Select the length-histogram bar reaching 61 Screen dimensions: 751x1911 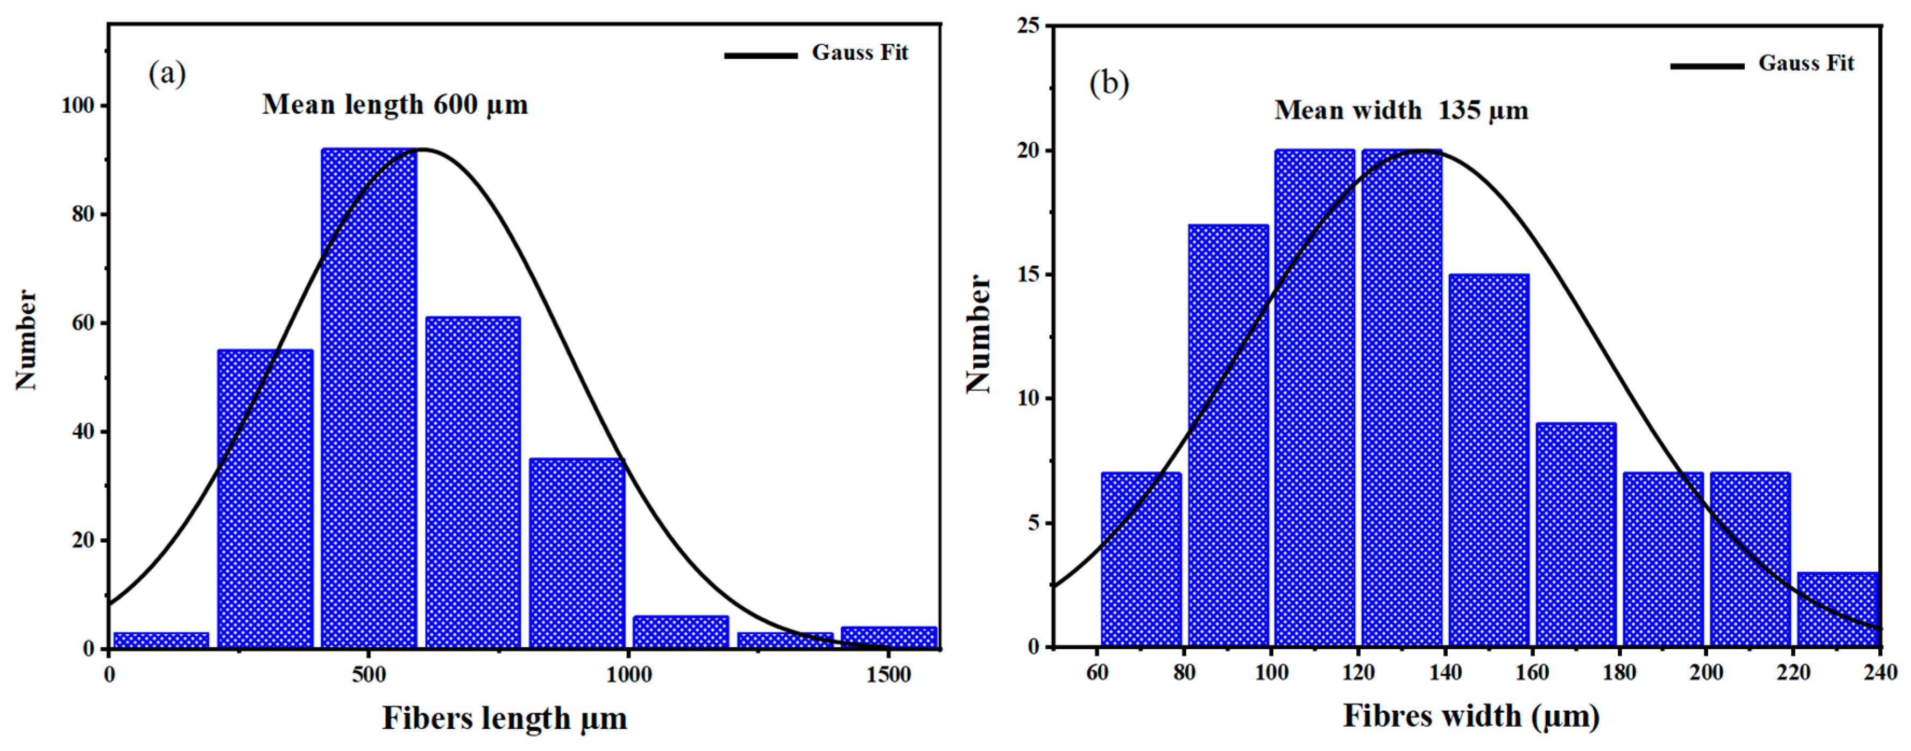pos(472,482)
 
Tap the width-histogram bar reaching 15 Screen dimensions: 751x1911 pos(1489,460)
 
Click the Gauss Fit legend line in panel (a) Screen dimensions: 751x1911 pos(760,55)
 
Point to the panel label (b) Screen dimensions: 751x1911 pos(1109,83)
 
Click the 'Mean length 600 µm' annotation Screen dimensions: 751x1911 pos(395,104)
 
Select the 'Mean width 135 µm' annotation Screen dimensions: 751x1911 pos(1402,110)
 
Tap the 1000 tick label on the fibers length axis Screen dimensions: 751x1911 pos(628,675)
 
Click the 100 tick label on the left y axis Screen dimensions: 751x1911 pos(78,106)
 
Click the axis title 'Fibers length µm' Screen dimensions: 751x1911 pos(505,718)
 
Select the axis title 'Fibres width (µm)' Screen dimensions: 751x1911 pos(1470,715)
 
